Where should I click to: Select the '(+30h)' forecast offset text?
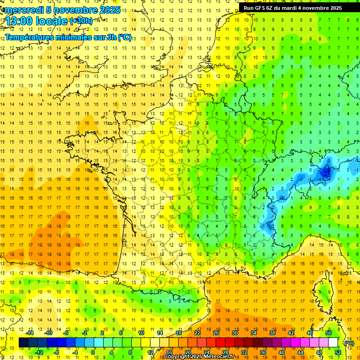81,21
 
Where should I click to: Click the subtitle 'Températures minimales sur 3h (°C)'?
68,37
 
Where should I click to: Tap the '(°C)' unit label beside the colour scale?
349,343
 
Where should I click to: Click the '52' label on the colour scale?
337,352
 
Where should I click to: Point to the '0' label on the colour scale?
93,352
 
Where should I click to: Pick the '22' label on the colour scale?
197,333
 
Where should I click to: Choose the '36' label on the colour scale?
263,352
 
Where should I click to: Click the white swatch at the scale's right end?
333,343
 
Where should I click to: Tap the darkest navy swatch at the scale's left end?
23,343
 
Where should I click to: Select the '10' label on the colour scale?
141,333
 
